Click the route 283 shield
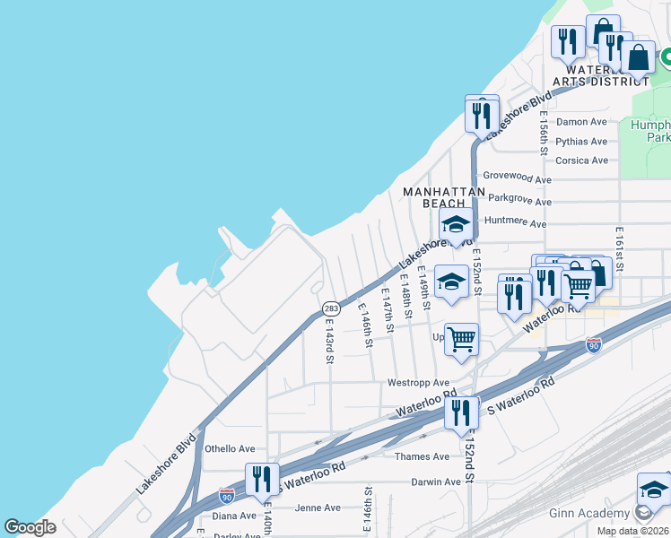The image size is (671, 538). click(331, 308)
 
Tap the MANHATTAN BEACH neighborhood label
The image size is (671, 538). click(444, 197)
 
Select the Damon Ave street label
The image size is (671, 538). click(582, 122)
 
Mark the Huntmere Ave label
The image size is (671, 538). click(515, 221)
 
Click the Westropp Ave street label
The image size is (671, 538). click(418, 383)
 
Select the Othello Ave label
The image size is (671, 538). click(231, 449)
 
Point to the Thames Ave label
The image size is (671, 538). click(423, 456)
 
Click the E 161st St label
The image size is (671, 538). click(619, 250)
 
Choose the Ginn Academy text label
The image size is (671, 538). click(588, 514)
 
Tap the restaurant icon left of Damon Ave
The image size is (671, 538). click(482, 115)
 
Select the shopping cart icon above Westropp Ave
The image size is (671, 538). click(461, 340)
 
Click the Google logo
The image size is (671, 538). click(30, 527)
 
